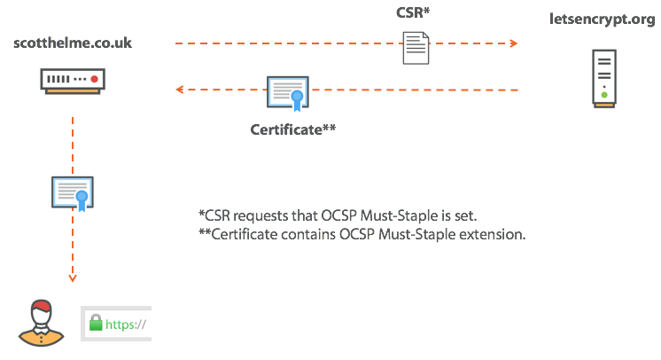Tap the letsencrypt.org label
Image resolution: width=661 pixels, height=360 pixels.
click(603, 21)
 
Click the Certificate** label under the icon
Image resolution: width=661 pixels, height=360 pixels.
click(293, 129)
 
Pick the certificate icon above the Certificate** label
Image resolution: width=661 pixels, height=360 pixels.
click(287, 93)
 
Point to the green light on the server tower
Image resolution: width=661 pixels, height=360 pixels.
click(604, 95)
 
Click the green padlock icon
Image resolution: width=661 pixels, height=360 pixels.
click(96, 325)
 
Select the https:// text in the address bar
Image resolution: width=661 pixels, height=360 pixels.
click(126, 325)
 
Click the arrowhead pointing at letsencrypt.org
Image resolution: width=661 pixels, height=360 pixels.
click(513, 43)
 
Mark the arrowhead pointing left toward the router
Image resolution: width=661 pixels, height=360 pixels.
click(179, 90)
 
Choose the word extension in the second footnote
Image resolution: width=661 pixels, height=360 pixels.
click(497, 235)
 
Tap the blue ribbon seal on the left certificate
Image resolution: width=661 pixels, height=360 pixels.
click(82, 197)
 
